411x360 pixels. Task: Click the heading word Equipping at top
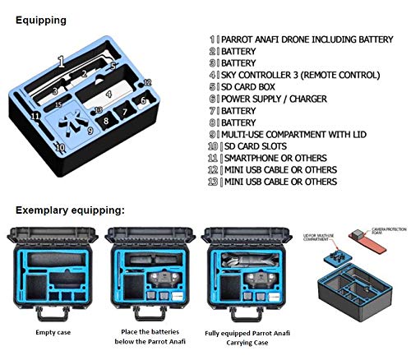pyautogui.click(x=40, y=17)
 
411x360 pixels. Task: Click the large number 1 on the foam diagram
pyautogui.click(x=60, y=61)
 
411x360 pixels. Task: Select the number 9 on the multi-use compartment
pyautogui.click(x=89, y=130)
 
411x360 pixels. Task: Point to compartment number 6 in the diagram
pyautogui.click(x=143, y=100)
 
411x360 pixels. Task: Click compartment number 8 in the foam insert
pyautogui.click(x=106, y=122)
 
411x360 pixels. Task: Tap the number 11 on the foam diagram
pyautogui.click(x=35, y=116)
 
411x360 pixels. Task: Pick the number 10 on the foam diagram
pyautogui.click(x=59, y=148)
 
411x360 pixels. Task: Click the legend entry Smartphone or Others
pyautogui.click(x=275, y=157)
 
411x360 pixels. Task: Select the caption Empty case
pyautogui.click(x=56, y=333)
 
